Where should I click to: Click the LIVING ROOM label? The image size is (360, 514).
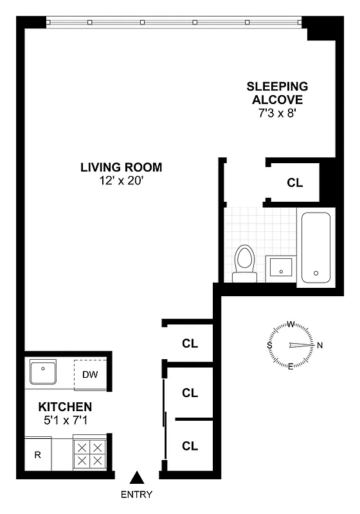coord(121,168)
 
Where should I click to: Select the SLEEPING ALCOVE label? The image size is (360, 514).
coord(278,93)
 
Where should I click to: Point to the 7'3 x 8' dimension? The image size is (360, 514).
coord(278,112)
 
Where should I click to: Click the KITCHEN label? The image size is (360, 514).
coord(65,407)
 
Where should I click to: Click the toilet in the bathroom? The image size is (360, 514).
coord(244,263)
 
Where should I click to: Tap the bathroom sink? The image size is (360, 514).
coord(281,268)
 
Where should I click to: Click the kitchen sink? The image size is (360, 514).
coord(44,371)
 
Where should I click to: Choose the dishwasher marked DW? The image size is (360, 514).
coord(90,375)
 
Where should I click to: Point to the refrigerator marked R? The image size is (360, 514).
coord(38,456)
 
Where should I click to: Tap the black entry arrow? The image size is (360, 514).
coord(136,477)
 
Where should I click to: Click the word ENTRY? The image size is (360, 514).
coord(136,494)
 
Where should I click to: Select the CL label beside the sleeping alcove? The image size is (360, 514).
coord(294,182)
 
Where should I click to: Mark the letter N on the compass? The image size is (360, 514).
coord(319,346)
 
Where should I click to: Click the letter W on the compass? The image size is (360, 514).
coord(291,324)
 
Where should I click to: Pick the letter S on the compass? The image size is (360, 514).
coord(269,346)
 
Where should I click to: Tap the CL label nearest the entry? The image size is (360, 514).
coord(190,446)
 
